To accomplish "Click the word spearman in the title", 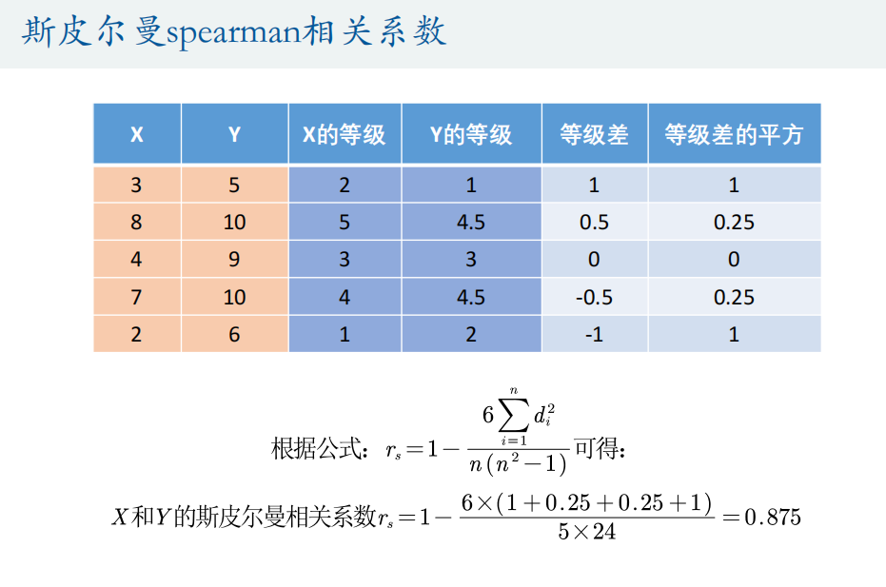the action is click(x=234, y=32).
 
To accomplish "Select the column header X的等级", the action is click(x=345, y=134).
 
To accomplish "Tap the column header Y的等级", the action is click(x=471, y=134).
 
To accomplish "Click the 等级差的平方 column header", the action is click(x=734, y=134).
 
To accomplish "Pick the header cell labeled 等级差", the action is click(x=594, y=134).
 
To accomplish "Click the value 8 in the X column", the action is click(x=136, y=222).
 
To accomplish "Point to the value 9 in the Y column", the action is click(x=234, y=260).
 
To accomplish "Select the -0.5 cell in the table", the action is click(x=594, y=297).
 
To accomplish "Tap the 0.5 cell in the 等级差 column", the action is click(x=594, y=222).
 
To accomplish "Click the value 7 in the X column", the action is click(x=136, y=297).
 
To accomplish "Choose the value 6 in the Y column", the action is click(x=234, y=335).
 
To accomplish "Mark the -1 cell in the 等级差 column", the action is click(x=594, y=335).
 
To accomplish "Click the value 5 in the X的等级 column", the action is click(x=345, y=222).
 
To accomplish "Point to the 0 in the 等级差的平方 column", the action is click(x=734, y=260).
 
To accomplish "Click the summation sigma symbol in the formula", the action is click(x=514, y=416).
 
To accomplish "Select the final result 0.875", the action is click(x=773, y=517).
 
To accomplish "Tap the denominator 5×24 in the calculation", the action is click(x=586, y=532).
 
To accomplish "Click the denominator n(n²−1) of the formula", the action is click(x=518, y=464).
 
